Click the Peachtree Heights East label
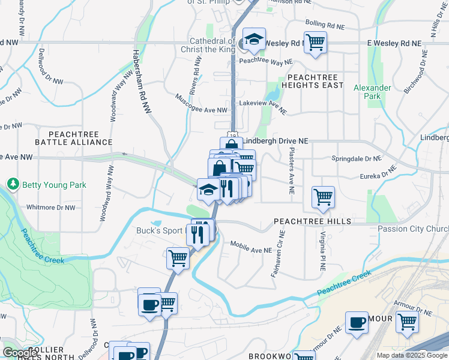click(x=315, y=81)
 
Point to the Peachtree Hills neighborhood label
click(x=312, y=221)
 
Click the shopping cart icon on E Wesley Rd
click(x=315, y=43)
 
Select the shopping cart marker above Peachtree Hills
click(x=323, y=197)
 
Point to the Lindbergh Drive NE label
click(x=276, y=140)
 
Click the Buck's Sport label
click(x=159, y=230)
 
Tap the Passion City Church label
click(x=413, y=229)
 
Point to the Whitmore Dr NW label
click(x=51, y=208)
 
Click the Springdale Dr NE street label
click(x=357, y=159)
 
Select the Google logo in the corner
click(x=20, y=353)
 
